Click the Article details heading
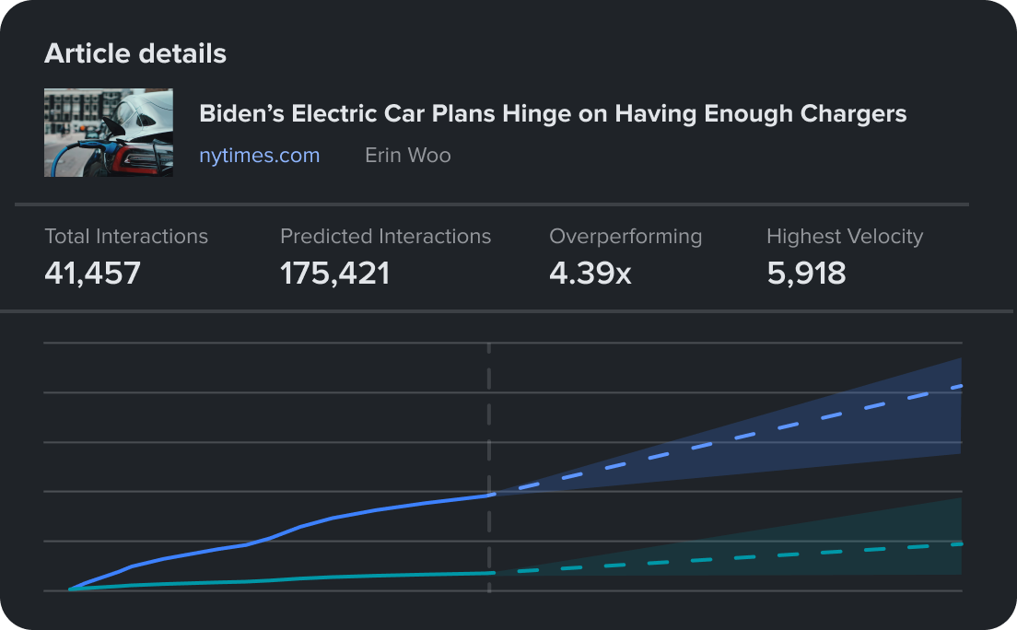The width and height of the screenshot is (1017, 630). click(x=135, y=53)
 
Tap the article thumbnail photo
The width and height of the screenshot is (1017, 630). click(x=109, y=133)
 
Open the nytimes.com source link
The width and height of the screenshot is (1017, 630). click(x=260, y=156)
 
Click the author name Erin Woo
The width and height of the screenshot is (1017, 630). click(x=408, y=156)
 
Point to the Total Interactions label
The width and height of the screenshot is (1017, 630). click(x=126, y=237)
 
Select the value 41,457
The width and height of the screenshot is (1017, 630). click(x=92, y=273)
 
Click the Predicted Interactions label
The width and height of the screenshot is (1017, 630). click(x=385, y=237)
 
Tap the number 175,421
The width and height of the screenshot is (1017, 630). click(x=334, y=273)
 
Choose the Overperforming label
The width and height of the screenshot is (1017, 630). click(x=625, y=237)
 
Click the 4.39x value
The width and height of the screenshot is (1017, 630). click(x=590, y=273)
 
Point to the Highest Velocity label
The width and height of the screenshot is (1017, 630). click(x=844, y=237)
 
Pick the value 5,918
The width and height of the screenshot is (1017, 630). click(x=806, y=273)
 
